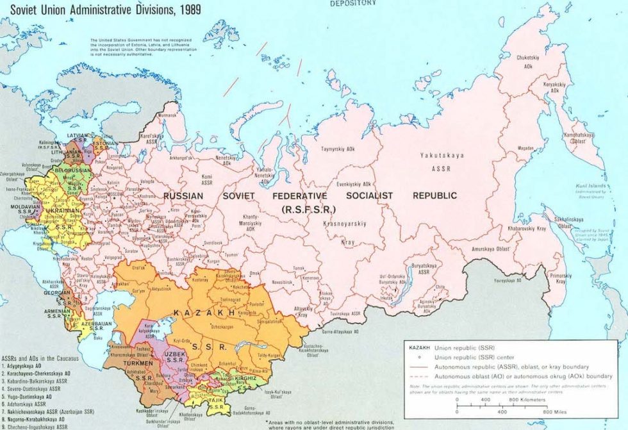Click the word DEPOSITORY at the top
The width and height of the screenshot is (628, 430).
[352, 3]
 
